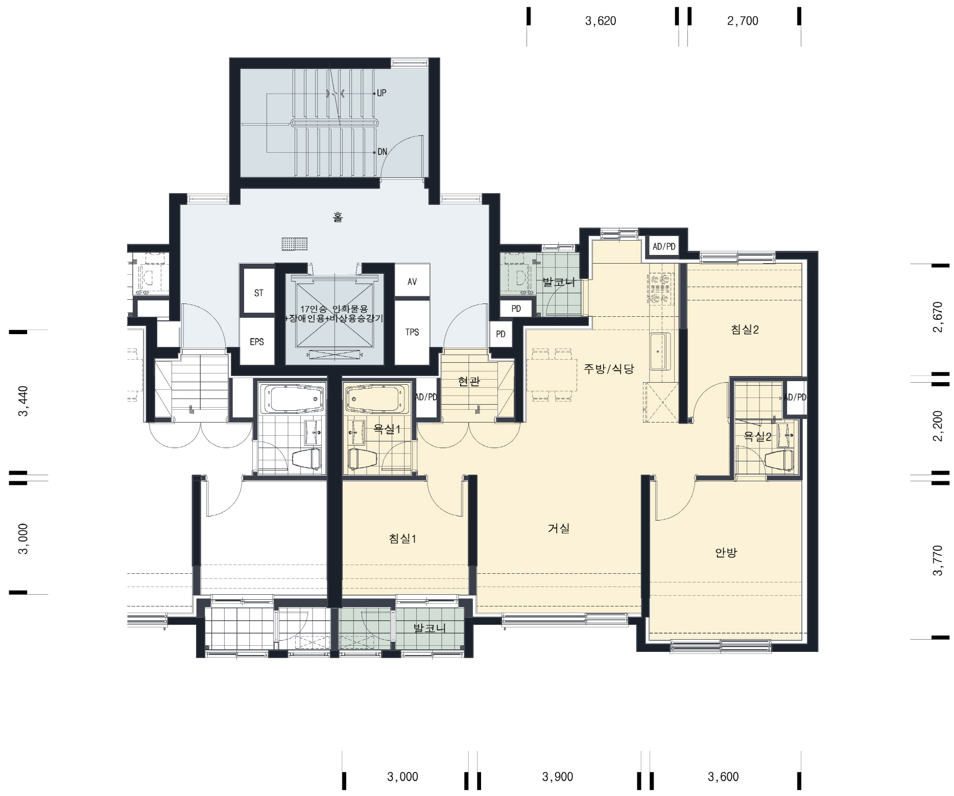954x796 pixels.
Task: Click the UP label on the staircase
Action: [381, 93]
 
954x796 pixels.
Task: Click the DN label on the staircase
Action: [382, 152]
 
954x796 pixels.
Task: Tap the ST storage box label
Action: [259, 293]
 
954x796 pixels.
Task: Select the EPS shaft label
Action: [257, 342]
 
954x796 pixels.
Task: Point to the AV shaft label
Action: [412, 282]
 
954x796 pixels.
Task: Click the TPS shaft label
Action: [412, 332]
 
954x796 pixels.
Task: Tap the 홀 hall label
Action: [338, 217]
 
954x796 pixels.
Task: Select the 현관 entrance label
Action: [469, 381]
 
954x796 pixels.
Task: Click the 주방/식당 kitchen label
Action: [609, 368]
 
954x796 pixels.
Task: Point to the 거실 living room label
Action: [558, 528]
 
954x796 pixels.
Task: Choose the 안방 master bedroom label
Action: [726, 552]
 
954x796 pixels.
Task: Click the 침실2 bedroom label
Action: [745, 330]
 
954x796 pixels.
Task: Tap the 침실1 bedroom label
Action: [402, 539]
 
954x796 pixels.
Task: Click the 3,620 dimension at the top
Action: [601, 21]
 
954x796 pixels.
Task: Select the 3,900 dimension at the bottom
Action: [558, 777]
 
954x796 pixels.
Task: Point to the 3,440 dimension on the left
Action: [23, 401]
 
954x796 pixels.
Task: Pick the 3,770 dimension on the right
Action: [938, 560]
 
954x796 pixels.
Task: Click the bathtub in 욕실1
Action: [377, 398]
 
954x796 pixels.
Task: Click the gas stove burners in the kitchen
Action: [659, 289]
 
